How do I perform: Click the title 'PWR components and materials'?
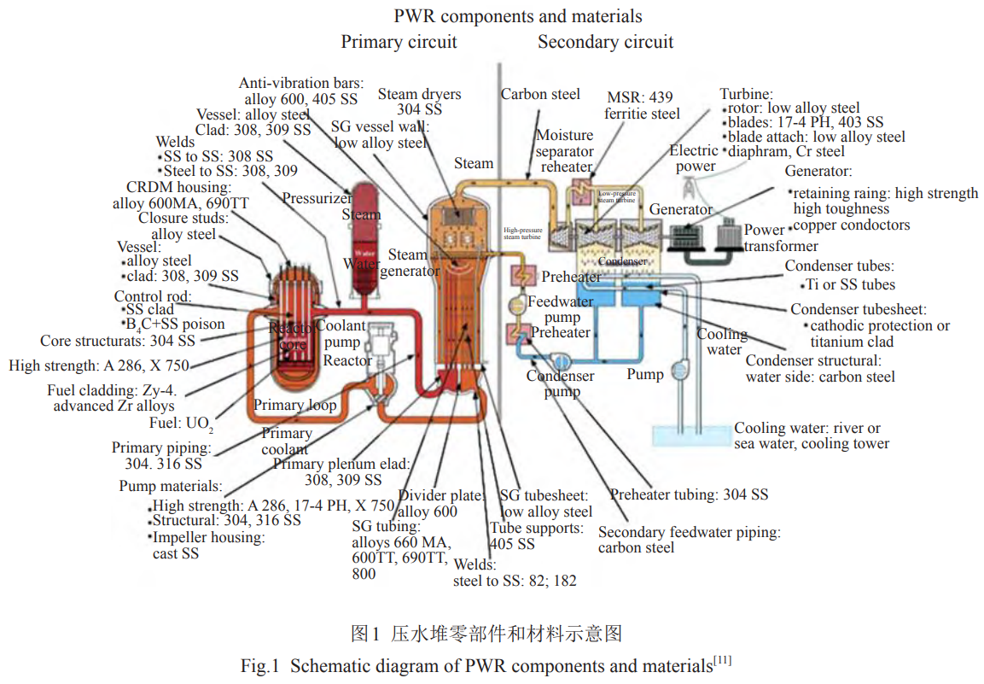click(517, 16)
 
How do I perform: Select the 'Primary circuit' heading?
click(399, 42)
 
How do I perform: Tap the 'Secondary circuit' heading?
click(605, 42)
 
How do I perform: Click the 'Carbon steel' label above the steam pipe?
click(540, 94)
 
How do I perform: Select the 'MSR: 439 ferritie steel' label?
click(643, 105)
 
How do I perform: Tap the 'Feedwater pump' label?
click(560, 309)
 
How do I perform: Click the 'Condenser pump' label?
click(560, 383)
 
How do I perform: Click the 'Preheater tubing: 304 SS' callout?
click(689, 494)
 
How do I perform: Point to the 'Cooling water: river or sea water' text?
click(811, 436)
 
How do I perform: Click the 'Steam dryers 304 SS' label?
click(419, 102)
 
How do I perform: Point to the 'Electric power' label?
click(695, 159)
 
